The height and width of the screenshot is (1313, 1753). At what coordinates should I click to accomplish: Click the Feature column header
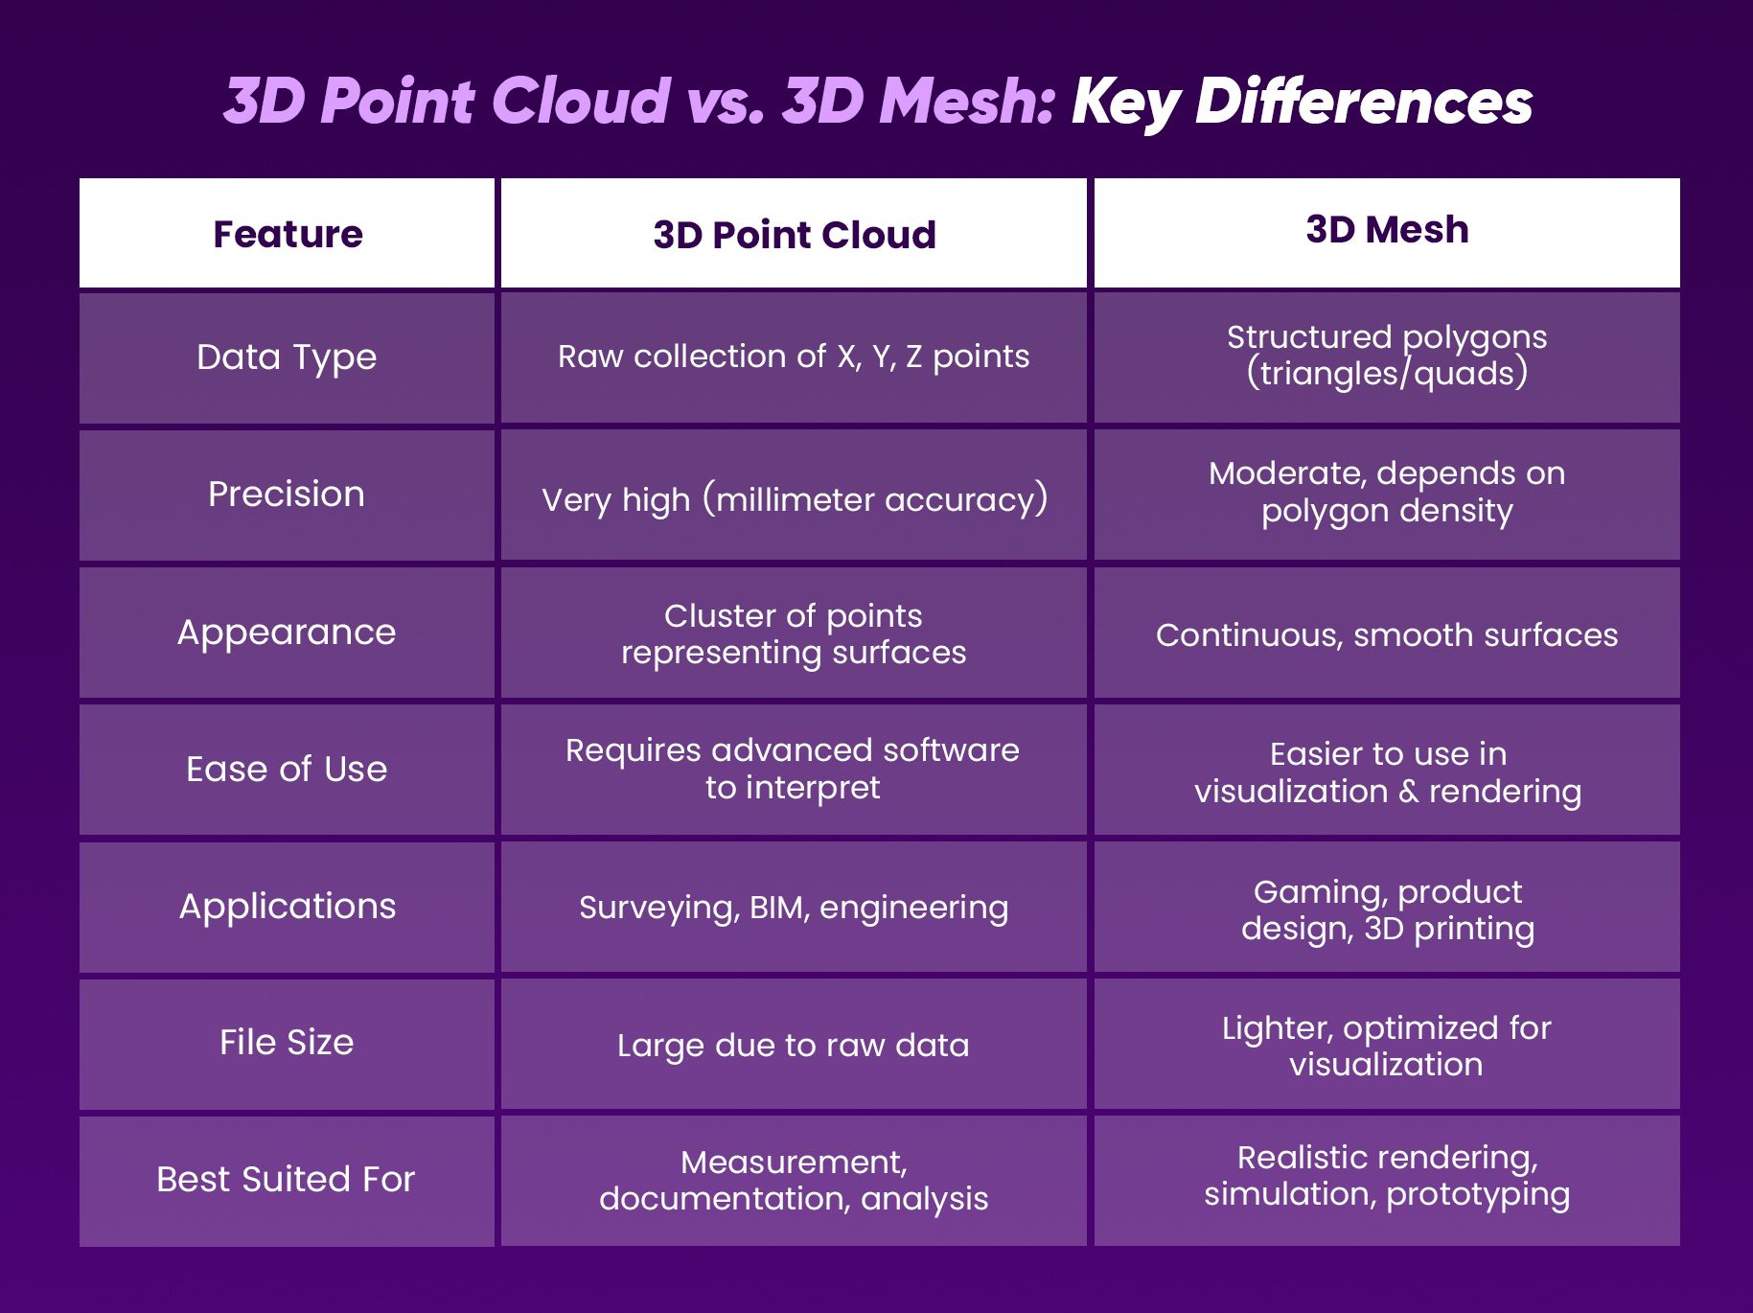tap(288, 234)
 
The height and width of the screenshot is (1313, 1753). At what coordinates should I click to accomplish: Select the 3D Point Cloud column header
tap(794, 235)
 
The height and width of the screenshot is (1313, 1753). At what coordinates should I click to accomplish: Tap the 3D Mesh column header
tap(1386, 230)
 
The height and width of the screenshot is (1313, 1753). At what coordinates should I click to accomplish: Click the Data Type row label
tap(287, 357)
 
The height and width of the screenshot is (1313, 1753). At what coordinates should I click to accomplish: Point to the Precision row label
tap(287, 495)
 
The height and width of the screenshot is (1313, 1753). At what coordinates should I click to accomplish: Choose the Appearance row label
tap(287, 633)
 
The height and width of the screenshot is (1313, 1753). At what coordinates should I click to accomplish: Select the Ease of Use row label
tap(287, 770)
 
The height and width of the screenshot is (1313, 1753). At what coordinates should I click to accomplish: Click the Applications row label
tap(287, 907)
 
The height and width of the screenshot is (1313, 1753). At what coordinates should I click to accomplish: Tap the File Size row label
tap(287, 1043)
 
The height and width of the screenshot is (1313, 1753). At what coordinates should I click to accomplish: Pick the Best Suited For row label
tap(286, 1180)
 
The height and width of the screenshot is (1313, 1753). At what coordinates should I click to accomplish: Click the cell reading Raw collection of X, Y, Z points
tap(794, 357)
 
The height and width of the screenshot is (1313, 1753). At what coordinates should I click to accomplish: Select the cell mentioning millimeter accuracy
tap(794, 499)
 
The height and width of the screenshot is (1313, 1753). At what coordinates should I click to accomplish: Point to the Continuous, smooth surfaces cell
tap(1386, 634)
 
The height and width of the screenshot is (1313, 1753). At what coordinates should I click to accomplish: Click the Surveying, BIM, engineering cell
tap(794, 908)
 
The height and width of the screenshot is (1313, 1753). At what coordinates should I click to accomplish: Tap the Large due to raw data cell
tap(794, 1046)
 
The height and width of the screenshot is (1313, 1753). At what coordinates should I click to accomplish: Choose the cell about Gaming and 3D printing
tap(1386, 910)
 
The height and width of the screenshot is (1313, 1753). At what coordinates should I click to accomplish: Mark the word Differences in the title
tap(1363, 101)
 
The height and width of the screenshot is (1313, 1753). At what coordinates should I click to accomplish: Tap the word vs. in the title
tap(726, 101)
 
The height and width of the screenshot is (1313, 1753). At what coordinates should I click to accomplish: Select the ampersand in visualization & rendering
tap(1408, 793)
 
